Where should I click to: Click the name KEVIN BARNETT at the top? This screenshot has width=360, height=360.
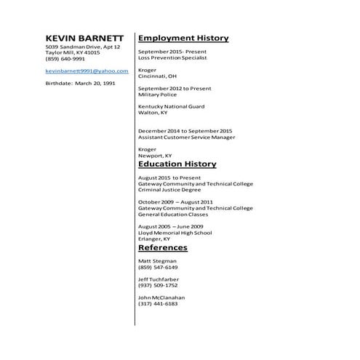84,37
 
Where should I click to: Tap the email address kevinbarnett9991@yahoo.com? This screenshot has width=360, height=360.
87,71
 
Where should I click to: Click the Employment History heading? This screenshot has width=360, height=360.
183,38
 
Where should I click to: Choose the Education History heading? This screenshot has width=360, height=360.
177,164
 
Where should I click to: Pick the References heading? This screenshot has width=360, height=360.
162,247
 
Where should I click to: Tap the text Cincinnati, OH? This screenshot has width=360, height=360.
157,76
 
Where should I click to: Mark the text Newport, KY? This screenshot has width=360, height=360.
155,155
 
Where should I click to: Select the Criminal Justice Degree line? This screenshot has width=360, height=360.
169,190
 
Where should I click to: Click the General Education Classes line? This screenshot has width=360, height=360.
173,215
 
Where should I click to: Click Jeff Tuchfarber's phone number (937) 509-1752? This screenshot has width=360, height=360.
157,285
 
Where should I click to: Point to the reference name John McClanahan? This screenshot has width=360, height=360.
161,297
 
